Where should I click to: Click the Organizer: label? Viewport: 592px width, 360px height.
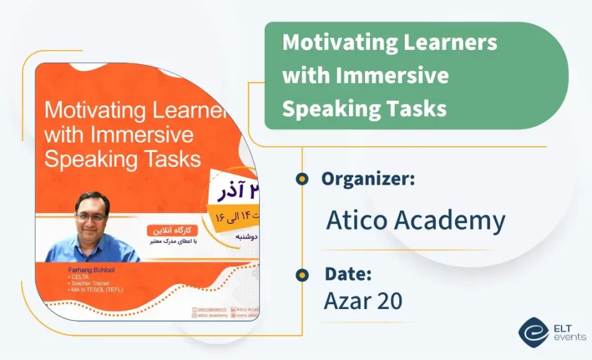(368, 179)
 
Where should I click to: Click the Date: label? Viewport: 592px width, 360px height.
(348, 274)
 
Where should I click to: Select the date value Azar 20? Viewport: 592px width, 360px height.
(363, 301)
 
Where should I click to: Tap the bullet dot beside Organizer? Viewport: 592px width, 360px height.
(302, 179)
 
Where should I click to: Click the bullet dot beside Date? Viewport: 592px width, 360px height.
(302, 274)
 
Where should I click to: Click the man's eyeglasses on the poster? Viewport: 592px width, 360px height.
(91, 218)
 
